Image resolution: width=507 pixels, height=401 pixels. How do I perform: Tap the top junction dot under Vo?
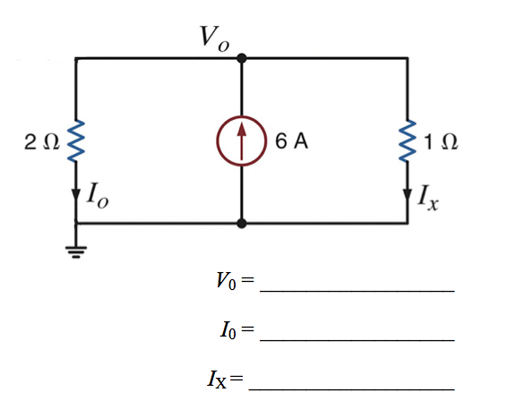[x=241, y=59]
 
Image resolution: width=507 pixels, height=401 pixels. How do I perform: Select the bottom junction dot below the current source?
[x=241, y=224]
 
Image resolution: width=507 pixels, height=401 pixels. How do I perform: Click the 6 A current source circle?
[x=241, y=142]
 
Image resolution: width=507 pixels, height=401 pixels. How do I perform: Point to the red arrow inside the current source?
[x=241, y=141]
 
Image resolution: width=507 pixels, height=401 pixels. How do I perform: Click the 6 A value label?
[x=292, y=142]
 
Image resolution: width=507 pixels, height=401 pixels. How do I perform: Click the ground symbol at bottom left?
[x=76, y=247]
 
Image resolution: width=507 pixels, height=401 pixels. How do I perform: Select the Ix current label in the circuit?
[x=427, y=198]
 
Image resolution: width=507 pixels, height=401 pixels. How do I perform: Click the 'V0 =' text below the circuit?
[x=235, y=282]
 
